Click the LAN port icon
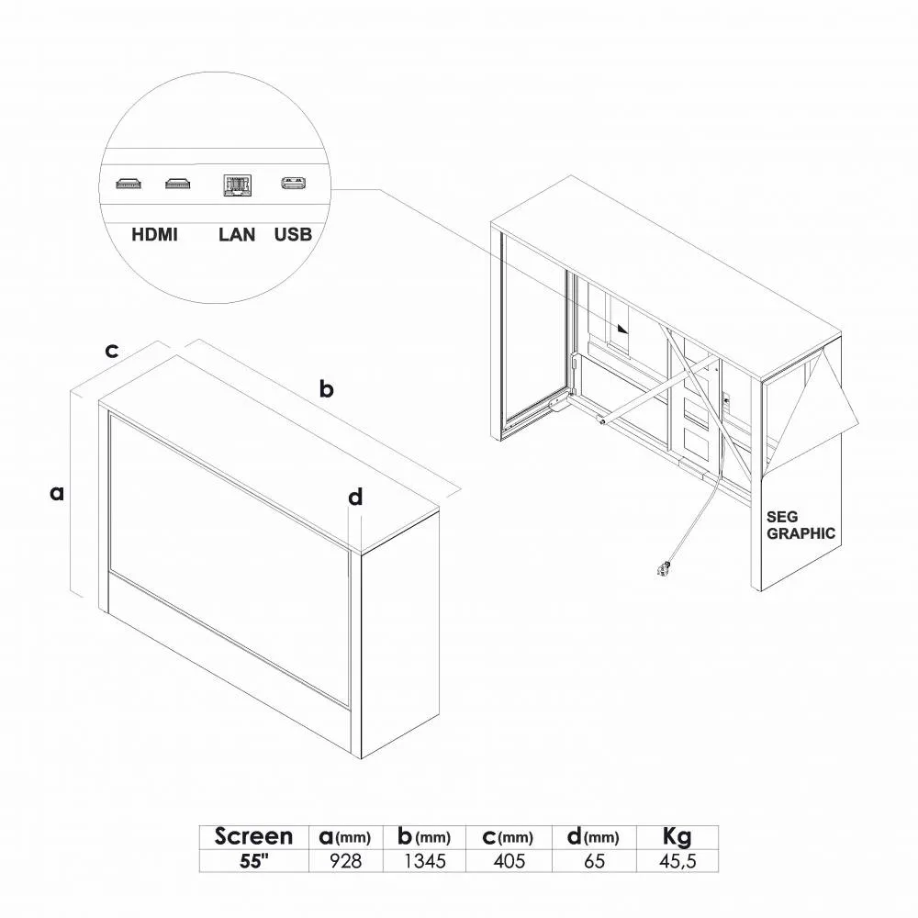(x=237, y=185)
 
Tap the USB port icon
(x=294, y=184)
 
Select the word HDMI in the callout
(x=154, y=235)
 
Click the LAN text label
(x=237, y=235)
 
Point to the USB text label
(x=294, y=235)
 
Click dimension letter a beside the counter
(x=57, y=493)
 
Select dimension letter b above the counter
(x=327, y=388)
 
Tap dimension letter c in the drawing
(x=111, y=351)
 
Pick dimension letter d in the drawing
(x=355, y=497)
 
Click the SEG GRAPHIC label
(x=800, y=525)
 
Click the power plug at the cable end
(x=664, y=568)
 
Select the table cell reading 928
(x=345, y=861)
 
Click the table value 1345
(x=424, y=861)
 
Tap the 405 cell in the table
(x=509, y=861)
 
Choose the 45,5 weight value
(x=677, y=861)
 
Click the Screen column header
(x=253, y=836)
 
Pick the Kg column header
(x=677, y=837)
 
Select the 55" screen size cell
(x=253, y=861)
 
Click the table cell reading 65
(x=594, y=861)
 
